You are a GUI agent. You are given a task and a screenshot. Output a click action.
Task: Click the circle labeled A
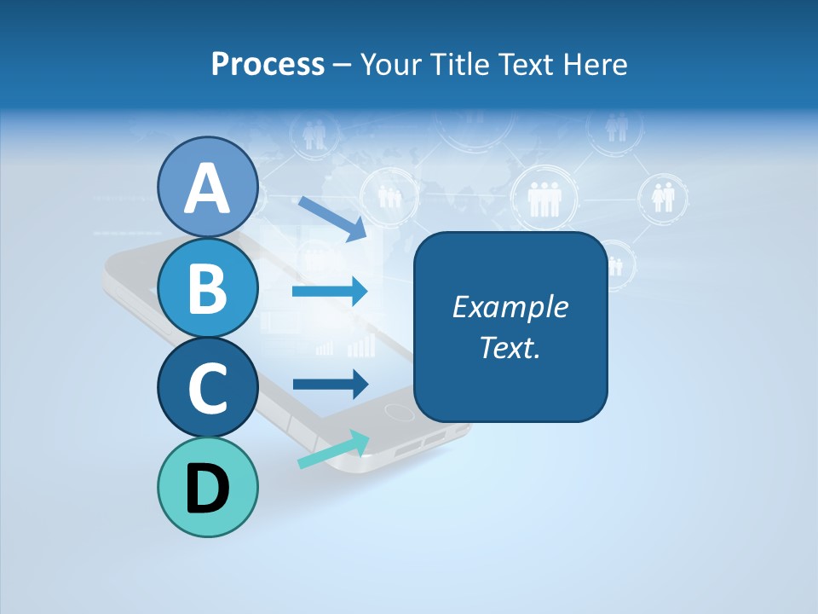click(x=207, y=187)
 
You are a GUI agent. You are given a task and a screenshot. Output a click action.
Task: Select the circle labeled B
click(x=207, y=287)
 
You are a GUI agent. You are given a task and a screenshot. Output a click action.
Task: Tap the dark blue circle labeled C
click(x=207, y=387)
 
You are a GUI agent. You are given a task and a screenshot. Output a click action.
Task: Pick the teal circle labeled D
click(x=207, y=488)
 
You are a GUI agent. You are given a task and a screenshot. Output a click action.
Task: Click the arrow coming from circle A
click(x=331, y=218)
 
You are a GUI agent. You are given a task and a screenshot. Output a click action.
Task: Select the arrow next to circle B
click(x=330, y=293)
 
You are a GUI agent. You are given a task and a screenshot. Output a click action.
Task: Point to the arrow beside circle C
click(x=330, y=384)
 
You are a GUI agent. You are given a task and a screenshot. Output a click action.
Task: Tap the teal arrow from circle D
click(x=333, y=449)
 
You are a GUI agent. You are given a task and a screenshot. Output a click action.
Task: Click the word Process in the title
click(x=268, y=64)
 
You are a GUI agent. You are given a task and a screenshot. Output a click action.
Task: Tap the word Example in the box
click(x=510, y=307)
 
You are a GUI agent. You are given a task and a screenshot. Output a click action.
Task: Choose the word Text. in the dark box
click(x=510, y=347)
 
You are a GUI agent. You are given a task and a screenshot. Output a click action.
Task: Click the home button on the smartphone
click(x=398, y=412)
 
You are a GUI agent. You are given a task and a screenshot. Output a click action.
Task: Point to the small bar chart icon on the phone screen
click(x=360, y=345)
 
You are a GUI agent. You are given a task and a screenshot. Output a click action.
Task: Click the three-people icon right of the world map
click(x=543, y=199)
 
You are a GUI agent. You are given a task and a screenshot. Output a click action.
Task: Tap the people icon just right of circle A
click(x=389, y=196)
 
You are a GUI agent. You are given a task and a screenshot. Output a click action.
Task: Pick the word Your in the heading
click(x=391, y=64)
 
